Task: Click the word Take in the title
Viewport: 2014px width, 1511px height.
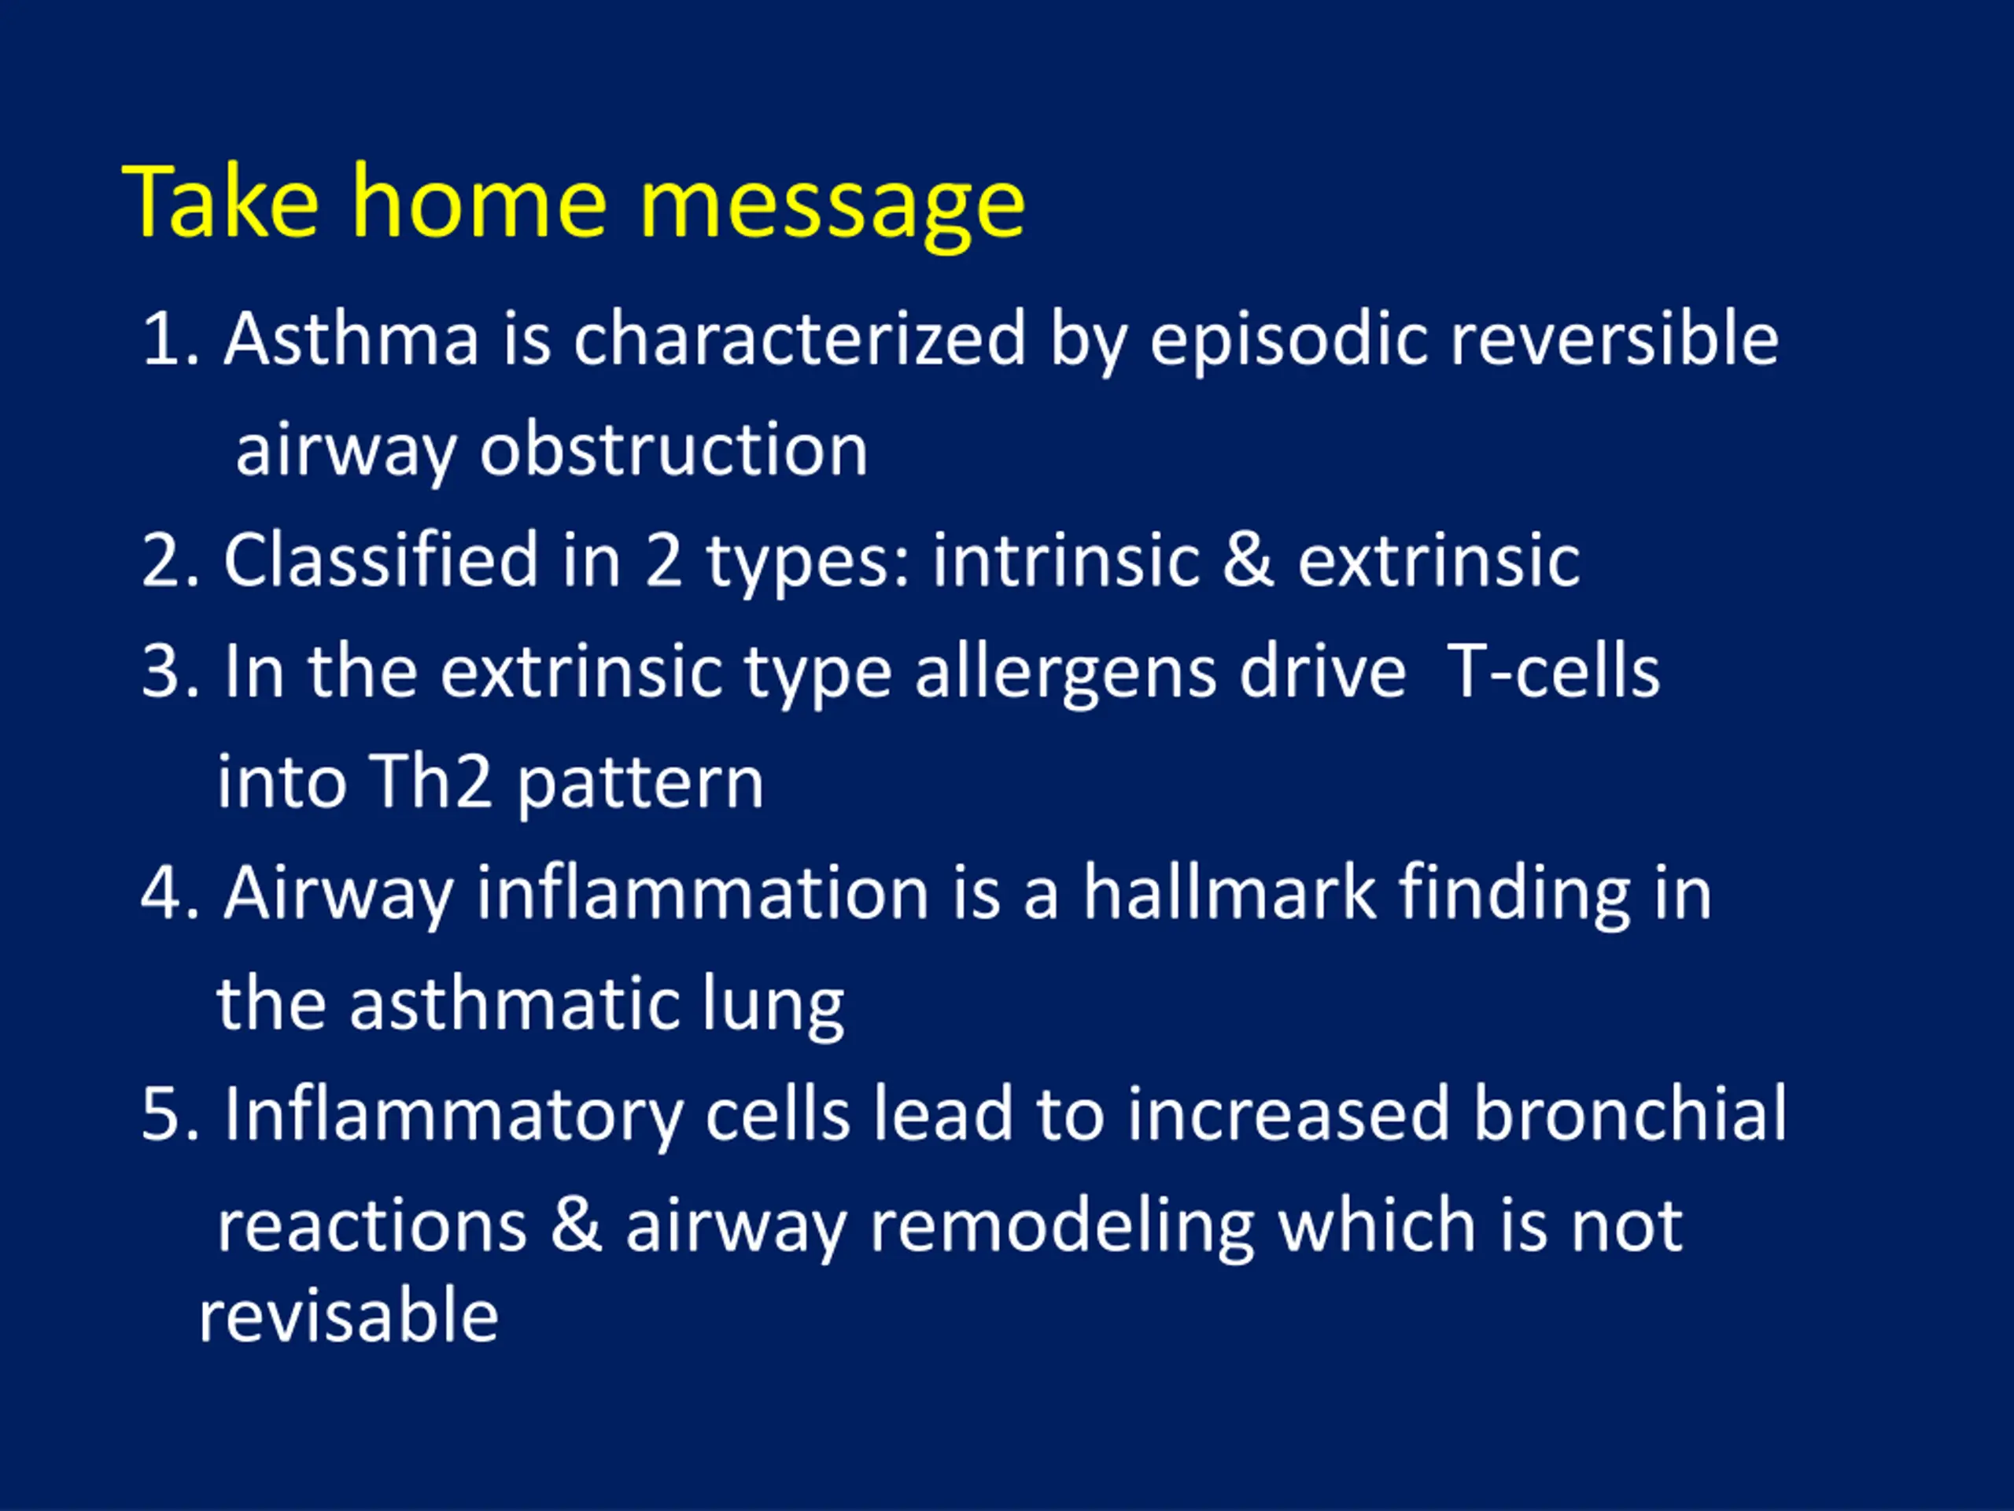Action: [221, 201]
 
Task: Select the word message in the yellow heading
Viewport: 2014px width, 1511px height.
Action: [832, 210]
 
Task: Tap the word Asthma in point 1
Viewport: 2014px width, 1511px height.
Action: [352, 339]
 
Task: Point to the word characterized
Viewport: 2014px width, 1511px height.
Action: [799, 339]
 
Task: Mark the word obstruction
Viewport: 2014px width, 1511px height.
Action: [673, 450]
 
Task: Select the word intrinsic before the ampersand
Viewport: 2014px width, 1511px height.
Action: [1065, 560]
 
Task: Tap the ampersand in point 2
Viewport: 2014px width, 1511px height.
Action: [1248, 561]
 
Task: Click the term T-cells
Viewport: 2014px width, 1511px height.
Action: [1553, 671]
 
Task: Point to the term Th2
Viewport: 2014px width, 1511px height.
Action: [432, 781]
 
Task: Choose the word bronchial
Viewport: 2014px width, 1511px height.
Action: [1631, 1113]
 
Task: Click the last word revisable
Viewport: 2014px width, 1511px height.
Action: [349, 1316]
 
